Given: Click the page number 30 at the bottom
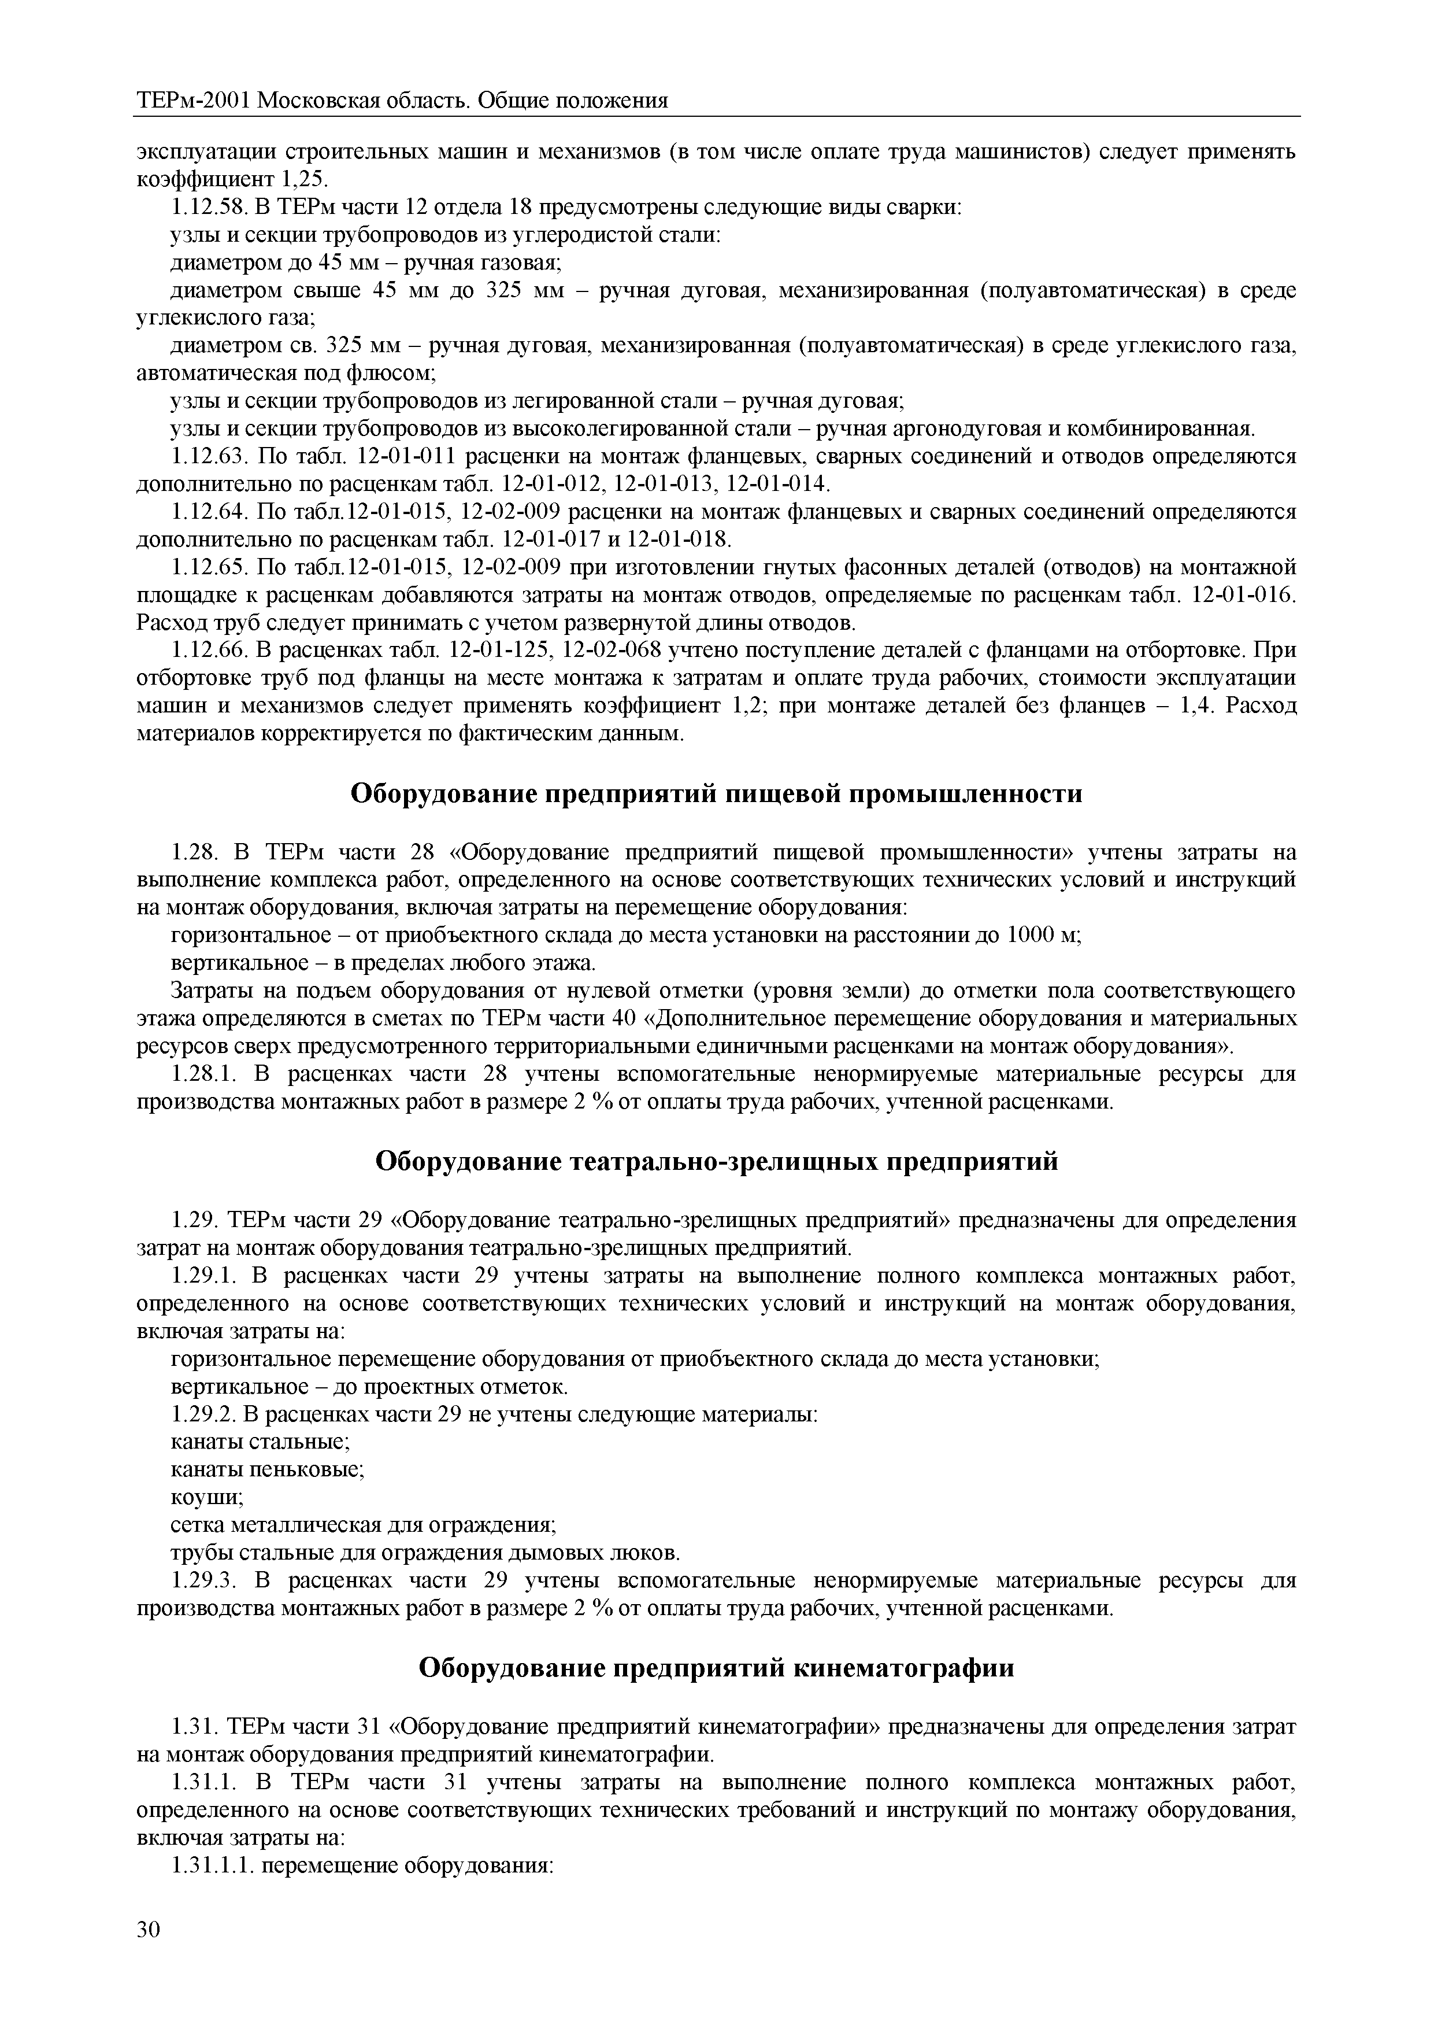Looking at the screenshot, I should pyautogui.click(x=149, y=1954).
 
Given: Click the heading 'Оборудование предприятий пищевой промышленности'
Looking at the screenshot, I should pyautogui.click(x=716, y=794).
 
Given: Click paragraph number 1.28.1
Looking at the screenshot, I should pyautogui.click(x=201, y=1075).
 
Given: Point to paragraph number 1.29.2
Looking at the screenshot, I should pyautogui.click(x=201, y=1415).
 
